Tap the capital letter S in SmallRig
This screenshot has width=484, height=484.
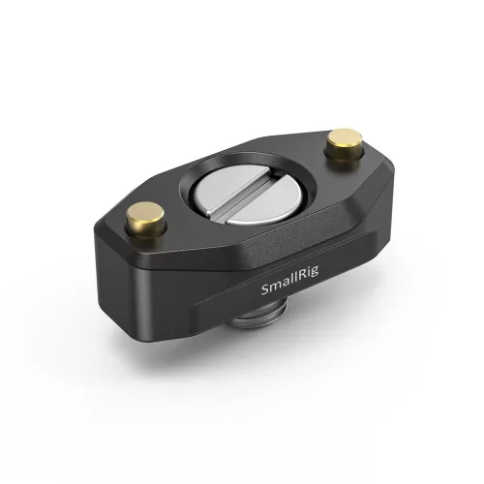[267, 290]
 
